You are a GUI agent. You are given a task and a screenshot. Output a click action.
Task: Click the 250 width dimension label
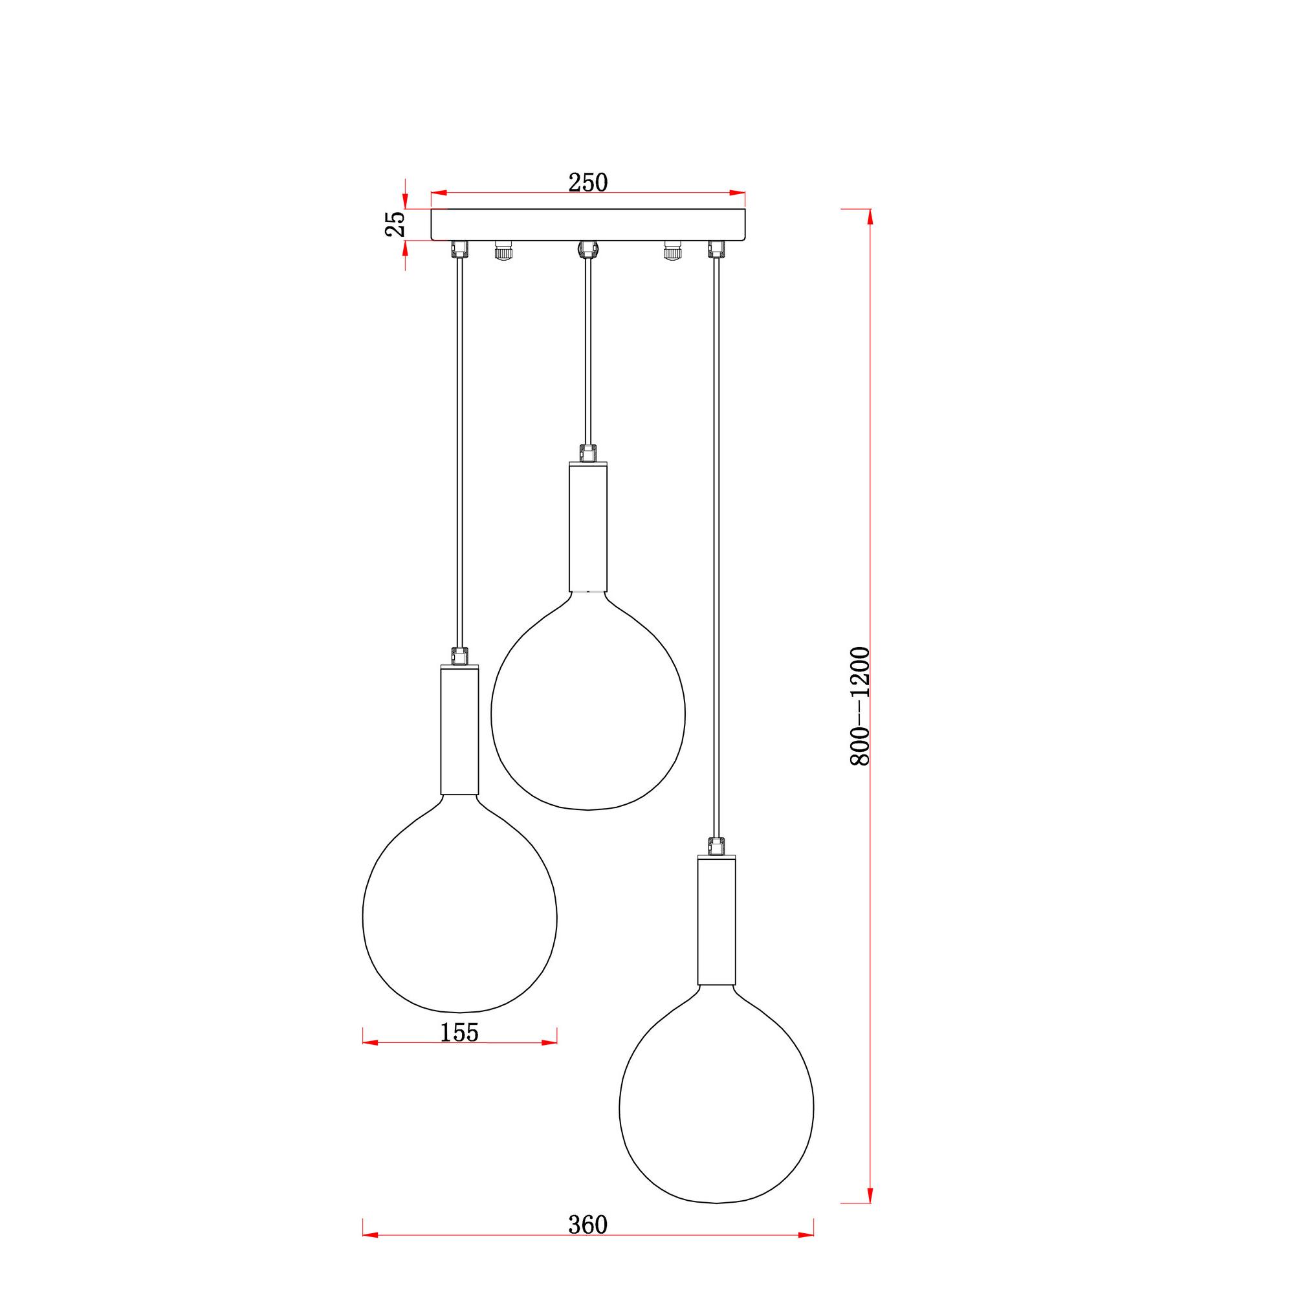[588, 182]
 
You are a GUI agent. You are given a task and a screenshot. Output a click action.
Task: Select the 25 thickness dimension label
[395, 225]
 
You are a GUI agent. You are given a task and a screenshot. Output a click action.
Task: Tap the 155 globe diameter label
[459, 1032]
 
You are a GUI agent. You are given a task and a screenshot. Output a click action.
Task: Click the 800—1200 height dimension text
[859, 706]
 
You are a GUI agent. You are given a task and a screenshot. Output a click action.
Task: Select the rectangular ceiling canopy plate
[588, 225]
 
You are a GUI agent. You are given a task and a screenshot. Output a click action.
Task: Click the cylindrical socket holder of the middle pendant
[588, 527]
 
